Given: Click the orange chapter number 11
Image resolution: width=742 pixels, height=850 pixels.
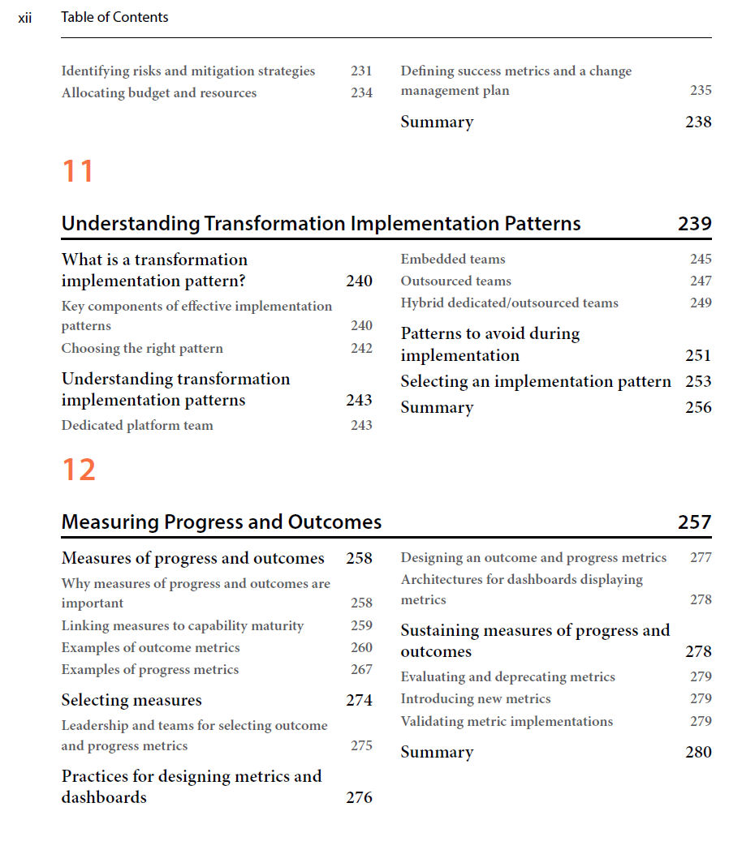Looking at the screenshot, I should pos(78,171).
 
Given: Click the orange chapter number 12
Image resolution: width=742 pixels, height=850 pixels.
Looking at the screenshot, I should pos(79,470).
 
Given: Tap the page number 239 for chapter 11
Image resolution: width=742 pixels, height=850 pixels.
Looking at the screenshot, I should pos(694,224).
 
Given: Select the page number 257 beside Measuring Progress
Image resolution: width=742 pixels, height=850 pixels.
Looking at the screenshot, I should pos(694,522).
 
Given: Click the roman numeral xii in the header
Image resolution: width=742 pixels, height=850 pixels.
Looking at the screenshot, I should pos(24,17).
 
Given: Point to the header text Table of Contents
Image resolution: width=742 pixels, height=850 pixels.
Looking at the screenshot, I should pos(114,17).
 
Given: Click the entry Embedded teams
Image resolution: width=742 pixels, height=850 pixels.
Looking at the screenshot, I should pos(452,260).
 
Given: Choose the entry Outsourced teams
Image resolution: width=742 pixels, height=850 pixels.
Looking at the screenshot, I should pos(455,281).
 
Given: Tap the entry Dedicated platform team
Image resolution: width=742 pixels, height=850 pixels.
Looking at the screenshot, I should pos(137,425).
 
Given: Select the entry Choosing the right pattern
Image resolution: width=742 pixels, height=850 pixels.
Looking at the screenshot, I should pos(142,349).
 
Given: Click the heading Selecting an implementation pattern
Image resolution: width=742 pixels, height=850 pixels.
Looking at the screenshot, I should pos(536,381).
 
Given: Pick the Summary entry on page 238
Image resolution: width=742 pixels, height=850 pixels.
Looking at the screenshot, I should pos(437,122).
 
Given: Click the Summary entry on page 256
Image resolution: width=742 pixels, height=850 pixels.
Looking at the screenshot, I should pos(437,407).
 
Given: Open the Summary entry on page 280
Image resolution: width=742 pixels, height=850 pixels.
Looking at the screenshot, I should pos(437,752).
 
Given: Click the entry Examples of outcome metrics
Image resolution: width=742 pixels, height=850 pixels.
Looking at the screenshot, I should pos(150,647).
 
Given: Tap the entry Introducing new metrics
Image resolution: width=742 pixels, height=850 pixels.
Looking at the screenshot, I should pos(475,698).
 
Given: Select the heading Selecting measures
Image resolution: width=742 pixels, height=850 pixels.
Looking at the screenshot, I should pos(132,700).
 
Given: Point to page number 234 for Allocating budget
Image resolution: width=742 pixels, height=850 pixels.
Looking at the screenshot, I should pos(361,93).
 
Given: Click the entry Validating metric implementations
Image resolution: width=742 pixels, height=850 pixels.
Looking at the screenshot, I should pos(507,721).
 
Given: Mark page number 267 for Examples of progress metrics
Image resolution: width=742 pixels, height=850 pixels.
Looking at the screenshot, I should pos(361,669).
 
